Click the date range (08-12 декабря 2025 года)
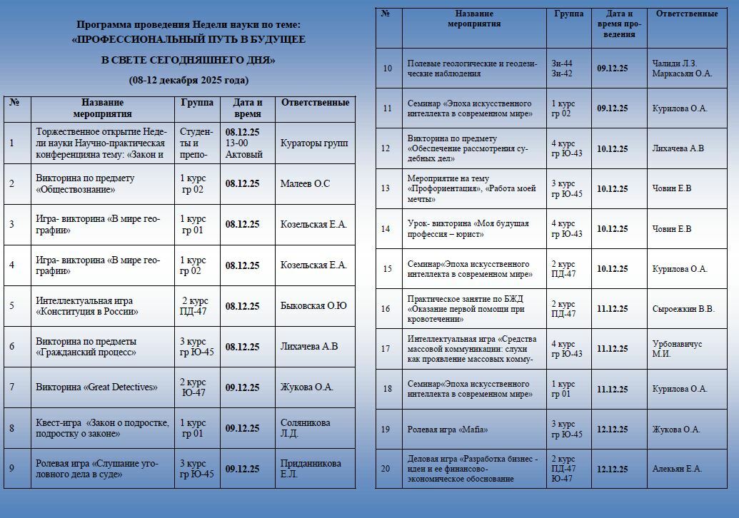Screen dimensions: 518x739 tap(188, 80)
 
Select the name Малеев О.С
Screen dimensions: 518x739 tap(305, 183)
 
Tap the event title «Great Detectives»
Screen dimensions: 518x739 tap(96, 387)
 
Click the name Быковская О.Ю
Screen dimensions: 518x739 tap(313, 306)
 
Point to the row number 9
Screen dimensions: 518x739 tap(11, 469)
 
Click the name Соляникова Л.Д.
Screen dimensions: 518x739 tap(306, 428)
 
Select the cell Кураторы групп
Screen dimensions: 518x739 tap(314, 143)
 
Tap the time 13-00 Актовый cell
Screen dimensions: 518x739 tap(243, 148)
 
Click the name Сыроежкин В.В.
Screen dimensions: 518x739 tap(683, 309)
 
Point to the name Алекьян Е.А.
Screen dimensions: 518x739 tap(677, 469)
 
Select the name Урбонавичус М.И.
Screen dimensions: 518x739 tap(677, 349)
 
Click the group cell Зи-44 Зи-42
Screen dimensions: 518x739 tap(562, 68)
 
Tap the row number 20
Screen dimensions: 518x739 tap(386, 469)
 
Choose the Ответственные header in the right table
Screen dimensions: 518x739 tap(686, 14)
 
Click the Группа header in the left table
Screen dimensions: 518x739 tap(197, 103)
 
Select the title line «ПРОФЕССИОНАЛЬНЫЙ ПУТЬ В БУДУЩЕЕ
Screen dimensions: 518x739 tap(188, 40)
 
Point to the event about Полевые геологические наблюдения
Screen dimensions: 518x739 tap(471, 68)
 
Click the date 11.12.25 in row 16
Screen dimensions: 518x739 tap(612, 309)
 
